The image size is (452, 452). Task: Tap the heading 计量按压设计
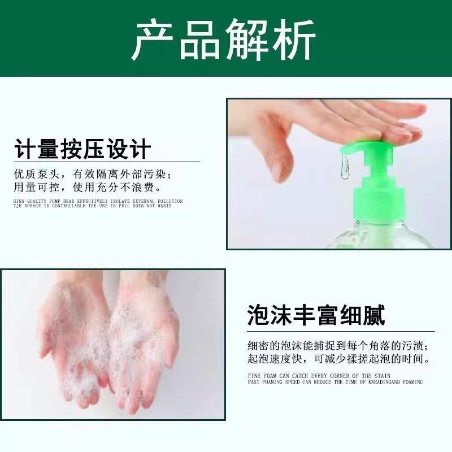click(x=82, y=149)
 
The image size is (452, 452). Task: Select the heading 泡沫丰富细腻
click(x=316, y=315)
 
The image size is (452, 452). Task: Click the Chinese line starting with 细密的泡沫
click(x=341, y=345)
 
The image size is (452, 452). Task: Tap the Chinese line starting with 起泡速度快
click(x=341, y=359)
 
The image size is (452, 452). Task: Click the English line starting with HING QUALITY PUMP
click(x=98, y=201)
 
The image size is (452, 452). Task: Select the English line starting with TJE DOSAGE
click(x=93, y=206)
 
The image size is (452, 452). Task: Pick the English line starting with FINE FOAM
click(x=319, y=376)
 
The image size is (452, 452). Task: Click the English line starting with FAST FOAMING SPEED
click(x=335, y=382)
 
